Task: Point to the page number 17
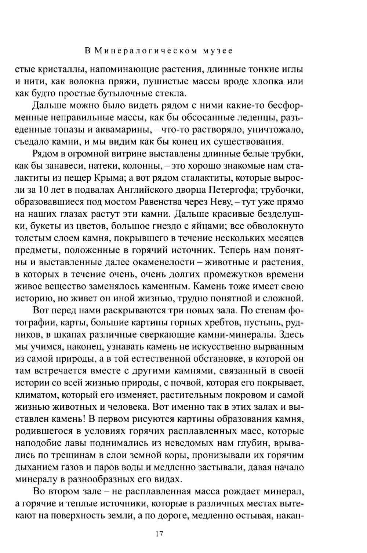pos(159,534)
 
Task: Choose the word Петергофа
pos(233,190)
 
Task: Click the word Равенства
pos(166,202)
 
